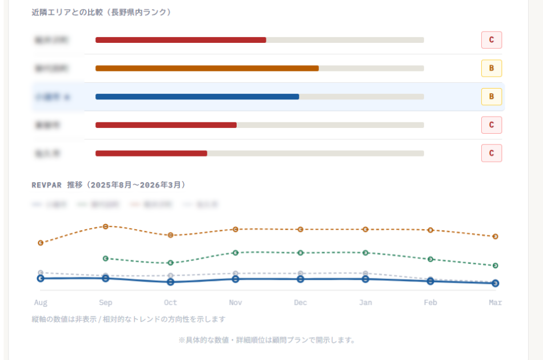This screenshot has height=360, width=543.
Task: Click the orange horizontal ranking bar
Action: coord(207,69)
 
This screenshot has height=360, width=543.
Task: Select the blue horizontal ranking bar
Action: coord(197,97)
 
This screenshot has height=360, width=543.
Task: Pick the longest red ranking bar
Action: coord(181,40)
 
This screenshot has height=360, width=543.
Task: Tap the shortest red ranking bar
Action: coord(151,153)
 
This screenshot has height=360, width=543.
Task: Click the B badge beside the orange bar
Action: coord(491,69)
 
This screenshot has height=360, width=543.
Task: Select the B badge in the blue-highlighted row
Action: coord(491,97)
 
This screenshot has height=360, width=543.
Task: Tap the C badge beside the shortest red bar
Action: coord(491,153)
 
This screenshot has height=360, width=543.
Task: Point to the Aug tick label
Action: coord(41,302)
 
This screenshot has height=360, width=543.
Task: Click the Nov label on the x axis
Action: coord(235,302)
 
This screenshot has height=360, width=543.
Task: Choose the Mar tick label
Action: coord(495,302)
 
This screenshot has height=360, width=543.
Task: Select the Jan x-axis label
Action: coord(365,302)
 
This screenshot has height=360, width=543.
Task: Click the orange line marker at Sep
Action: coord(105,226)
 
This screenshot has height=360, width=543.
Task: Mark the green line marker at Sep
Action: coord(105,258)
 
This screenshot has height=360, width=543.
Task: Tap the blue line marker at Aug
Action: coord(41,278)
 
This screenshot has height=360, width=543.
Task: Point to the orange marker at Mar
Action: coord(496,236)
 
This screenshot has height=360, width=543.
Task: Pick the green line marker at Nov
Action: coord(235,253)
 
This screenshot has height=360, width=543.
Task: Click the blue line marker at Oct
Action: coord(170,282)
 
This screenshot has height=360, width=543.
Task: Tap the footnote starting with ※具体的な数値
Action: coord(267,340)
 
